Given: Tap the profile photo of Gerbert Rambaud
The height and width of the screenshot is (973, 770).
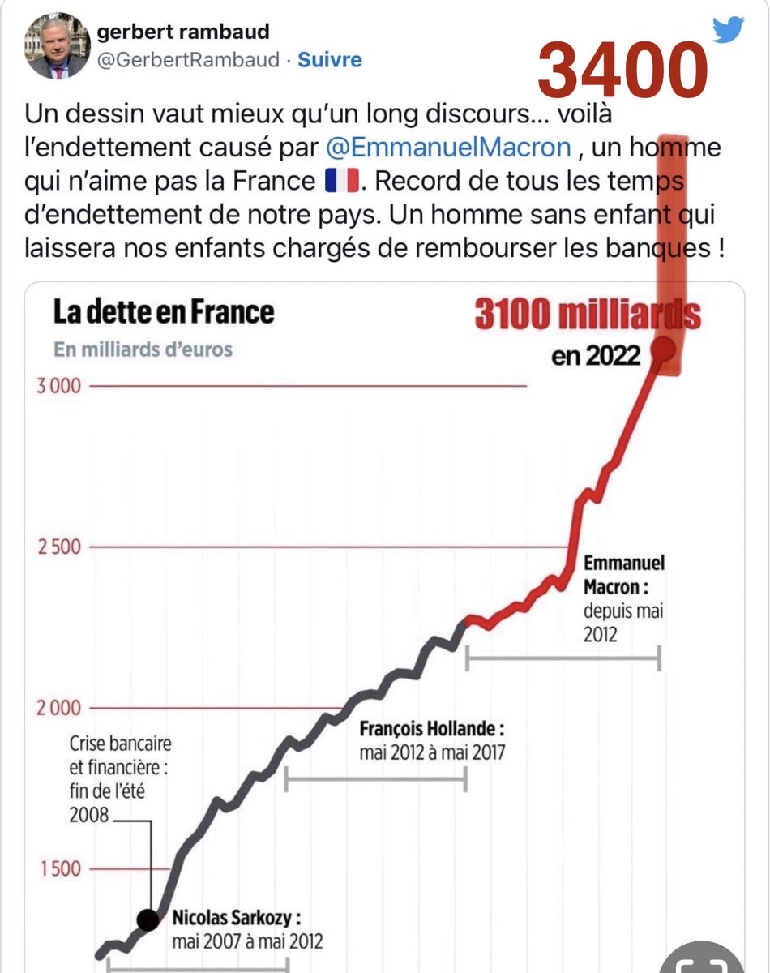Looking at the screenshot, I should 57,47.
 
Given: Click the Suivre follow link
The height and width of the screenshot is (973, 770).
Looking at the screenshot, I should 330,60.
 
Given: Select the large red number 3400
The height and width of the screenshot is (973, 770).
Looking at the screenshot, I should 622,70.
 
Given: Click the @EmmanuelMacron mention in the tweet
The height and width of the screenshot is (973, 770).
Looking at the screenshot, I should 448,149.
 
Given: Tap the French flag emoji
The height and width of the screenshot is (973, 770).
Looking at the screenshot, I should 341,181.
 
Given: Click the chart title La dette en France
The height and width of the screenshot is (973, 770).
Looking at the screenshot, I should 164,312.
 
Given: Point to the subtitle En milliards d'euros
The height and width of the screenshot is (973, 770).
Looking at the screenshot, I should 143,349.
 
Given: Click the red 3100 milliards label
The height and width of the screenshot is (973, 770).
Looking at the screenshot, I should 587,315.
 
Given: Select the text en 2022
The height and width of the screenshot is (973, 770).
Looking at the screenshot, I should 596,355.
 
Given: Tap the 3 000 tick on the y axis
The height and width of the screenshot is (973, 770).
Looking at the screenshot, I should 58,386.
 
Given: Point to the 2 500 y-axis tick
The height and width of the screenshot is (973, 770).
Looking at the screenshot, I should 58,547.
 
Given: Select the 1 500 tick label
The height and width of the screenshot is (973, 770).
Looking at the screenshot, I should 62,869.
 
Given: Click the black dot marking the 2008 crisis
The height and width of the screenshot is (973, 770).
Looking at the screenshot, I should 148,919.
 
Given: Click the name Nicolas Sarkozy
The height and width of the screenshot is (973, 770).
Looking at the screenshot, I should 237,919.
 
